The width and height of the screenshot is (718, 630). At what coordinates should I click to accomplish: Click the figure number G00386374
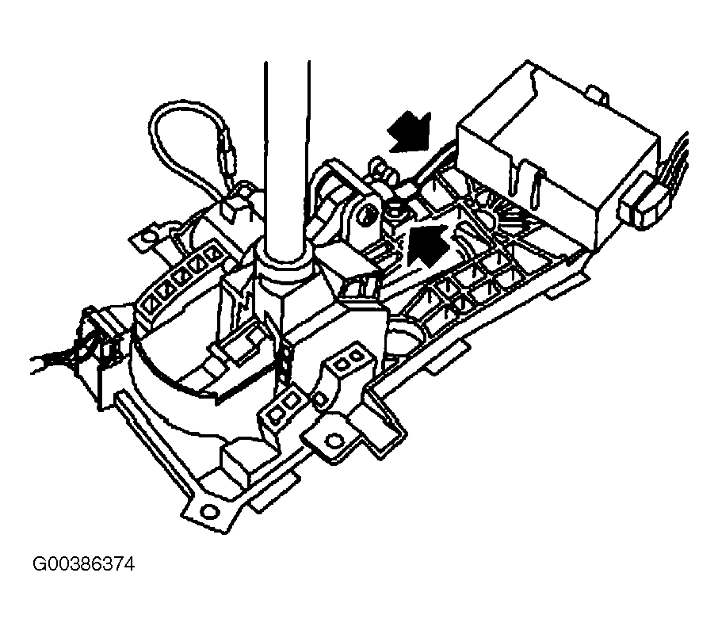tap(84, 564)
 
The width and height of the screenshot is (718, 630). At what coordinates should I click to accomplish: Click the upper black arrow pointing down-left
tap(409, 132)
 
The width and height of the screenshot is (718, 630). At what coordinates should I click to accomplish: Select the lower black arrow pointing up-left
tap(428, 245)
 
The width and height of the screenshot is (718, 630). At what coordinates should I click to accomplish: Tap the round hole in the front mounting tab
tap(334, 441)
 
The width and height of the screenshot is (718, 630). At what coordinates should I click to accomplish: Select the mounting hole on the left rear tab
tap(147, 237)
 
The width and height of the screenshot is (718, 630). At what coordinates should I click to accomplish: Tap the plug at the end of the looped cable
tap(228, 154)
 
